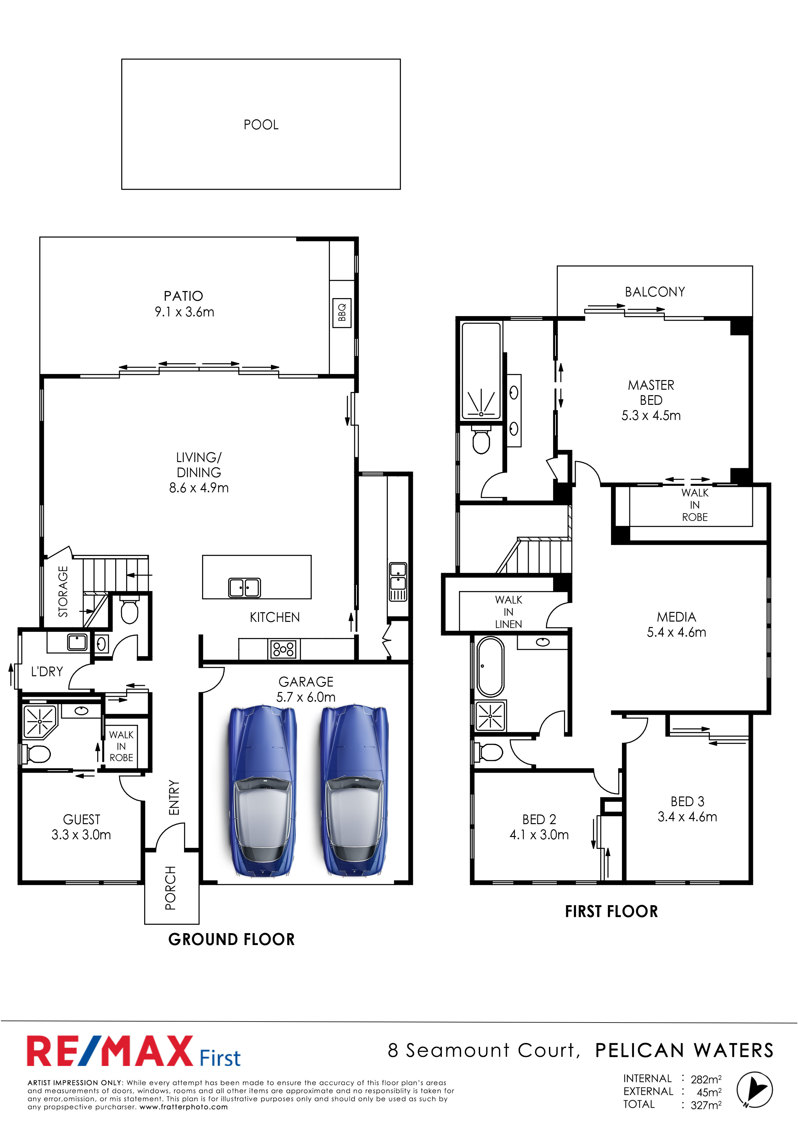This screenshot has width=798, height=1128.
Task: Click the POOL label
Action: click(261, 125)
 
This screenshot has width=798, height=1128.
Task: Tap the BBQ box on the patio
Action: click(342, 313)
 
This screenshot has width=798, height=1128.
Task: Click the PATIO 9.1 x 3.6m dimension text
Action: click(184, 312)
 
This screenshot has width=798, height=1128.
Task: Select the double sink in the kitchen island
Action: click(244, 587)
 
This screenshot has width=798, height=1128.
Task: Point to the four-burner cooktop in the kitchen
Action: click(283, 649)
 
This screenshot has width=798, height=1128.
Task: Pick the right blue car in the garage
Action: click(354, 790)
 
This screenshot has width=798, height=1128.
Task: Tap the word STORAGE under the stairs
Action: click(63, 592)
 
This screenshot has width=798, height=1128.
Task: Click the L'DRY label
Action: click(47, 672)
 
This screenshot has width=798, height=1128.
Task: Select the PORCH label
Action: click(171, 888)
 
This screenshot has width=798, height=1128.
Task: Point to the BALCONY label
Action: click(655, 292)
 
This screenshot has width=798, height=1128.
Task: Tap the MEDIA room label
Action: click(677, 617)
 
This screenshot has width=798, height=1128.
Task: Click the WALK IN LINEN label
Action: click(508, 612)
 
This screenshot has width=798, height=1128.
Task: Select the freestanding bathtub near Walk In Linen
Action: click(490, 667)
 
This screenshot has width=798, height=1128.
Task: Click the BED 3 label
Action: click(687, 801)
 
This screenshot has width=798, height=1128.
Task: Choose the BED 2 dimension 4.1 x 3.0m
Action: click(539, 835)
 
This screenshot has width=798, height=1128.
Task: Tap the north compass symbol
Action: click(754, 1090)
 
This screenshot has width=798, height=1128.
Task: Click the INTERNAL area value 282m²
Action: click(706, 1079)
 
